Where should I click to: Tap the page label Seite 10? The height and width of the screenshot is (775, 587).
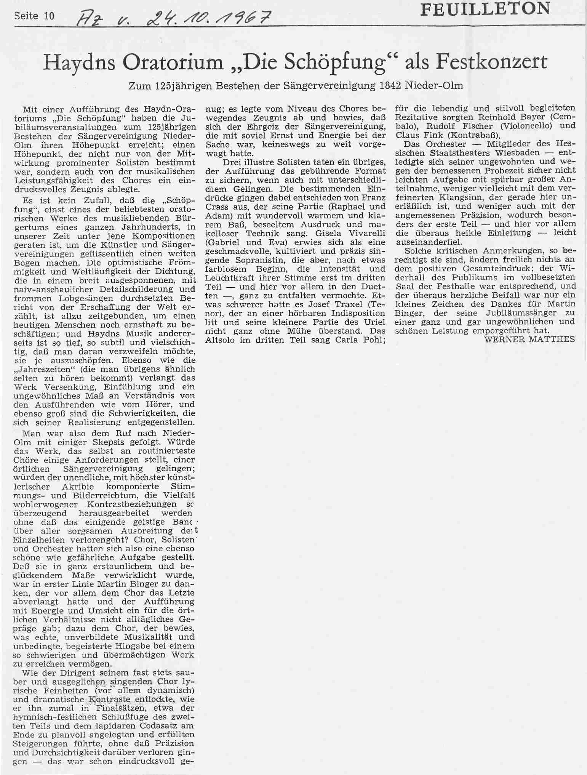35,16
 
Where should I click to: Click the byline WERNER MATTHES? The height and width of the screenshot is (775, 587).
529,339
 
